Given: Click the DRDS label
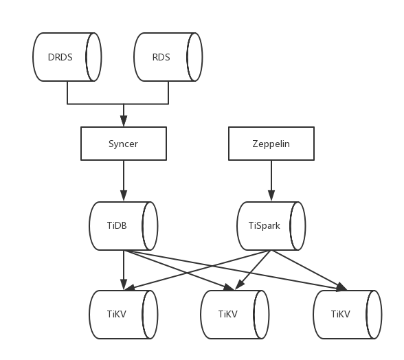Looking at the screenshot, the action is (x=60, y=57).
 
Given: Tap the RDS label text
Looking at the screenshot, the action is (x=161, y=57).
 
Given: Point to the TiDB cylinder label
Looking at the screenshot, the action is (x=117, y=225).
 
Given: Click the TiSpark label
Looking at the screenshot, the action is (x=265, y=225).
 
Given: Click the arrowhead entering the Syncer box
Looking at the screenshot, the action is (x=124, y=121).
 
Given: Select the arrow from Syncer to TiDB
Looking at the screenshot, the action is (x=124, y=181).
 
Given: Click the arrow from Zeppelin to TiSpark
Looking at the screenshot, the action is (x=271, y=181).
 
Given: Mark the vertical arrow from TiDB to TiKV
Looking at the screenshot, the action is (x=124, y=270).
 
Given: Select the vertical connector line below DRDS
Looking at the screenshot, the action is (x=67, y=93).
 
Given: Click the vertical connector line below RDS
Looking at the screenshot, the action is (x=168, y=93).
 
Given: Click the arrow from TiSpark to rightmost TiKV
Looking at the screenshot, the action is (x=309, y=271).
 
